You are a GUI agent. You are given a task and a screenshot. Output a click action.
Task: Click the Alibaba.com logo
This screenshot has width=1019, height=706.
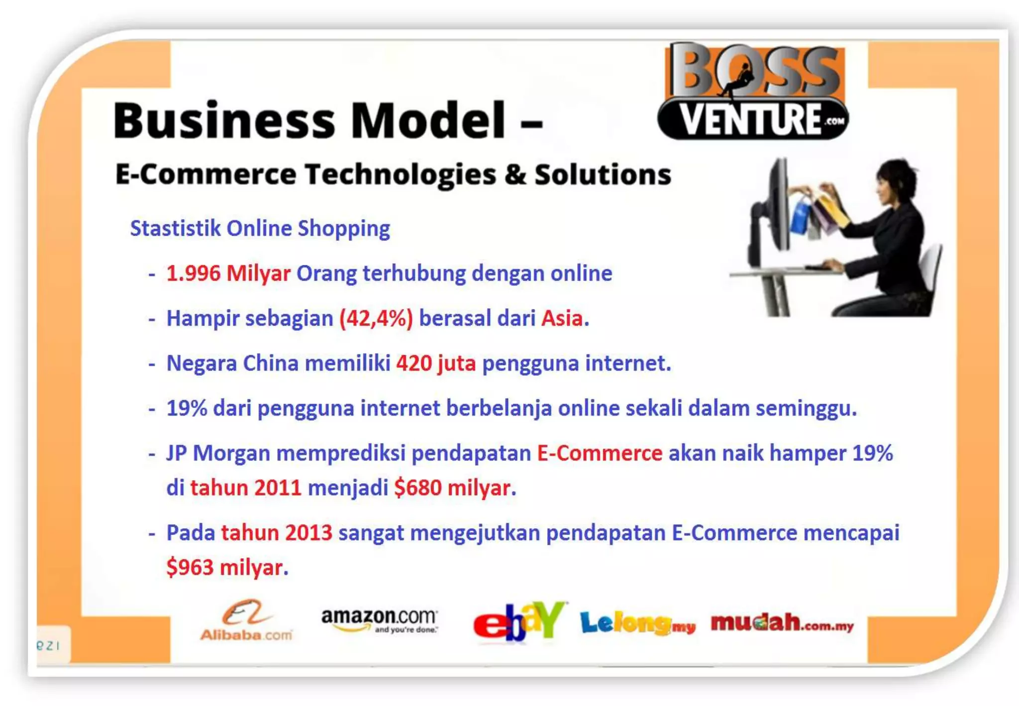click(246, 620)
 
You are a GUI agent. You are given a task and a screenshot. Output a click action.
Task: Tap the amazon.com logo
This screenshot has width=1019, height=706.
click(379, 620)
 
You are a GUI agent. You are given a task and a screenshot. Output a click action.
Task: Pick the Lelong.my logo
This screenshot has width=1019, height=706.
click(637, 623)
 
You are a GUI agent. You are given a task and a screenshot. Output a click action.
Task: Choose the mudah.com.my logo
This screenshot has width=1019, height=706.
click(782, 623)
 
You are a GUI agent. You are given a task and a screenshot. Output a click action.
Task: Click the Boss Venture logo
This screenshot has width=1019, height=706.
click(753, 92)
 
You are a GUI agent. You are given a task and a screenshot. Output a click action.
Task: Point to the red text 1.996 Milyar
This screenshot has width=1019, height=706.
click(228, 273)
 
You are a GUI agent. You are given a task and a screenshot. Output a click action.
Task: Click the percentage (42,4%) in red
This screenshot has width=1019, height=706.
click(376, 318)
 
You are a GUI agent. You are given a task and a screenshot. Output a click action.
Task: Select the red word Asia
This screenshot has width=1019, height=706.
click(562, 318)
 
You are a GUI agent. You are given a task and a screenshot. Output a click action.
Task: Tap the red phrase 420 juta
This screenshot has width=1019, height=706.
click(436, 363)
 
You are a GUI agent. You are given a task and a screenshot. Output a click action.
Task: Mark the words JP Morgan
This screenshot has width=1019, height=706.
click(218, 453)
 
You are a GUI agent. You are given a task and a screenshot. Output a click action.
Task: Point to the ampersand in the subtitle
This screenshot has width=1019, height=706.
click(515, 174)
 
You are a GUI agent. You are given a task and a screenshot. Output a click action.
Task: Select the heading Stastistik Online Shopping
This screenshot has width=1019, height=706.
click(260, 229)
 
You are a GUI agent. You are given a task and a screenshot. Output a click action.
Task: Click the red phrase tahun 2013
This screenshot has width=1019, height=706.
click(277, 533)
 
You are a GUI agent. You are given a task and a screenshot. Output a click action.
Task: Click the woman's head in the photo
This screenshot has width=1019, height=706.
click(894, 182)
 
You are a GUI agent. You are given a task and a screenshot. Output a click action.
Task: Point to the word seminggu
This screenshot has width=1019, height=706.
click(806, 408)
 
